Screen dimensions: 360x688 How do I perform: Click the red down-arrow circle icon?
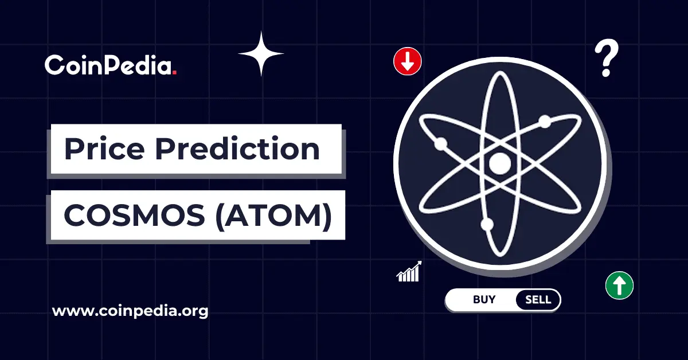pos(408,61)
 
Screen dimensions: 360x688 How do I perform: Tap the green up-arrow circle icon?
pos(619,284)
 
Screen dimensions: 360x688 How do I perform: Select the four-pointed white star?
pos(261,54)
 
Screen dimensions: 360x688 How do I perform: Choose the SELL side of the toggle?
pos(538,300)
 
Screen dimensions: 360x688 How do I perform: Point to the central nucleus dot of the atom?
pos(499,164)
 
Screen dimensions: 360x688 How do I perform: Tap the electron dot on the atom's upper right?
pos(545,122)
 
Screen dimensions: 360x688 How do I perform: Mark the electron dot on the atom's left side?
pos(440,144)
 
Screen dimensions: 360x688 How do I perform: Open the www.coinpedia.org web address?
pos(130,312)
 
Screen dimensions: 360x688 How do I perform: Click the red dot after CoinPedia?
pos(174,72)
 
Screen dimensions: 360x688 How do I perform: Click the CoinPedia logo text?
pos(110,65)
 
